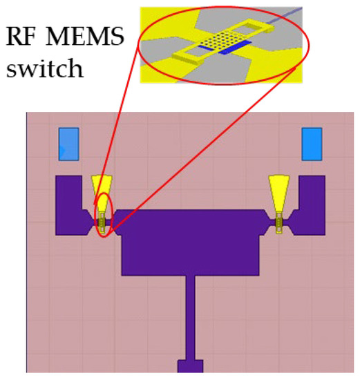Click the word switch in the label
(x=44, y=69)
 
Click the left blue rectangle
(x=68, y=144)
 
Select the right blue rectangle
(x=312, y=144)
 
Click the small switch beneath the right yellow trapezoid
(x=279, y=222)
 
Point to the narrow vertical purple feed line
(x=190, y=318)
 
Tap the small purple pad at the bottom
(x=190, y=366)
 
